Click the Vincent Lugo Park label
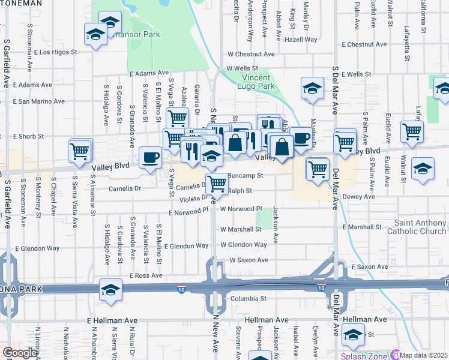258,82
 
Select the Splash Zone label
364,356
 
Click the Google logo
19,353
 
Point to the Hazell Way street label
302,39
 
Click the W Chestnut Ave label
250,54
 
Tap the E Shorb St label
29,136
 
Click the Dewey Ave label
359,196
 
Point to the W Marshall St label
243,229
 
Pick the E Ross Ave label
146,275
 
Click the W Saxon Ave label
249,260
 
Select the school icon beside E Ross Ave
110,289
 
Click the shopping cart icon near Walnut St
412,131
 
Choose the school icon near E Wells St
312,88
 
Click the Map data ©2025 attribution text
424,355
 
